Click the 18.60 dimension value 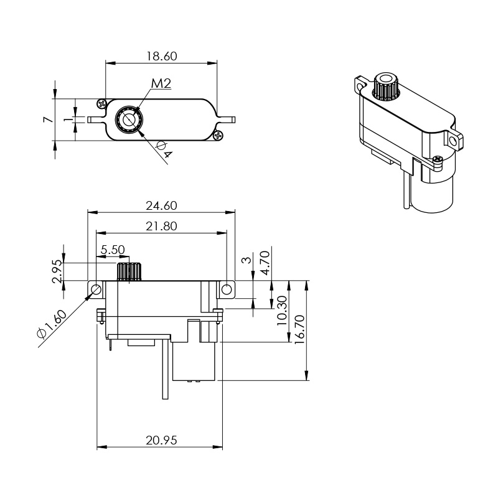(x=161, y=56)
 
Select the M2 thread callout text (x=161, y=83)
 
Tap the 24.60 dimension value (x=161, y=206)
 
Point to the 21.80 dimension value (x=161, y=227)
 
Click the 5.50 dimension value (x=113, y=250)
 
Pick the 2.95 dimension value (x=57, y=271)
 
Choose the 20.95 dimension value (x=161, y=441)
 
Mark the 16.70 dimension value (x=299, y=329)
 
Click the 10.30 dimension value (x=282, y=311)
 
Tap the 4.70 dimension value (x=265, y=263)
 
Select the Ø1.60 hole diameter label (x=52, y=324)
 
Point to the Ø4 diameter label (x=164, y=150)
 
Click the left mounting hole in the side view (x=96, y=289)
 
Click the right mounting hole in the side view (x=227, y=289)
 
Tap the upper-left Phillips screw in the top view (x=101, y=103)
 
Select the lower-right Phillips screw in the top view (x=219, y=136)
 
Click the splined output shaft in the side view (x=129, y=271)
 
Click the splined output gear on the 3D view (x=386, y=87)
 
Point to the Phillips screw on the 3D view (x=438, y=159)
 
